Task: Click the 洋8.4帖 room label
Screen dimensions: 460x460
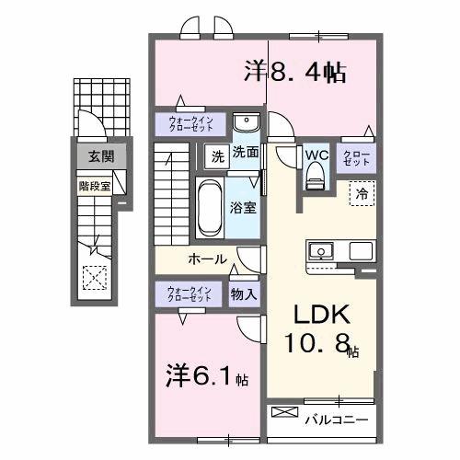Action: pyautogui.click(x=294, y=73)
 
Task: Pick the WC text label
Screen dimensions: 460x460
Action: pyautogui.click(x=316, y=154)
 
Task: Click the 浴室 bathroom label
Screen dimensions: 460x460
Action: pyautogui.click(x=244, y=208)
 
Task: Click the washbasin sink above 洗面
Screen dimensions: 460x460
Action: pyautogui.click(x=246, y=124)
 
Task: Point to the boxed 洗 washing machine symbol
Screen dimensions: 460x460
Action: pyautogui.click(x=217, y=154)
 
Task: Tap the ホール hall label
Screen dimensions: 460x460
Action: pyautogui.click(x=207, y=259)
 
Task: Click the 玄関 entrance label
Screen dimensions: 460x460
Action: pyautogui.click(x=100, y=156)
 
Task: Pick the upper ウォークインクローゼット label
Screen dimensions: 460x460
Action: pyautogui.click(x=190, y=124)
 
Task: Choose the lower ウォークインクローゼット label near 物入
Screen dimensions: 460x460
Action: pyautogui.click(x=190, y=294)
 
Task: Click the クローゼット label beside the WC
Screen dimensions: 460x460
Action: pyautogui.click(x=356, y=157)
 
